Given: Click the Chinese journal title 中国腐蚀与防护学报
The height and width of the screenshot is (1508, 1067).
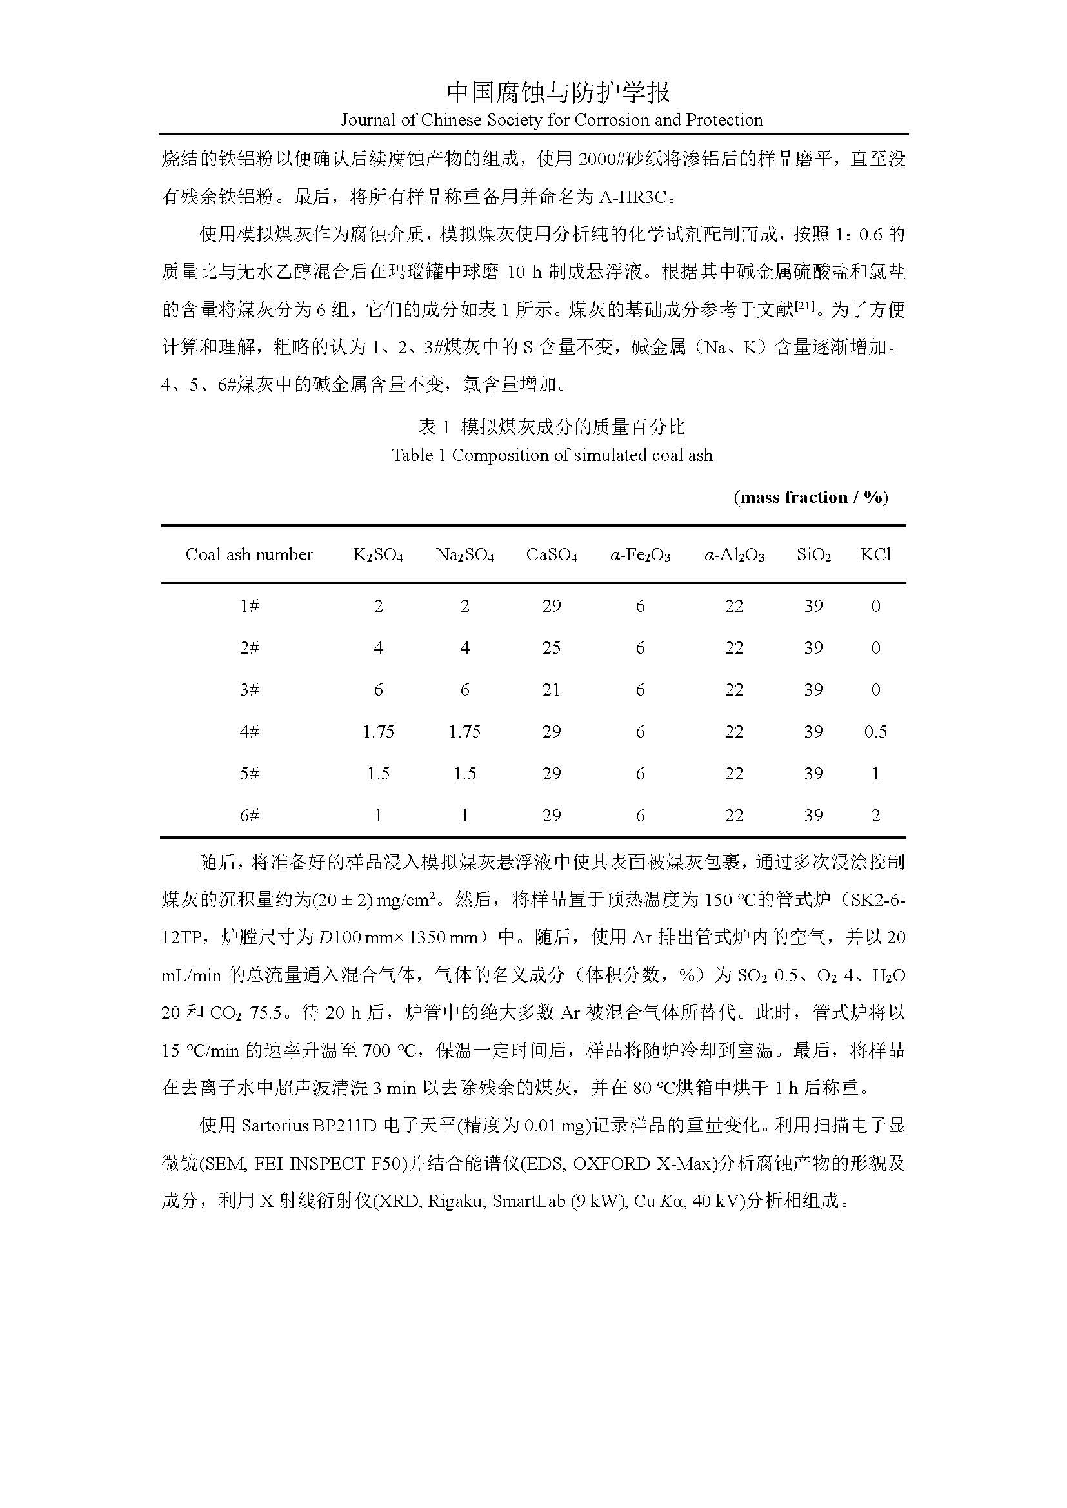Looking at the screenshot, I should point(559,93).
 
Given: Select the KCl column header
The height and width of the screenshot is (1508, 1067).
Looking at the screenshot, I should point(875,555).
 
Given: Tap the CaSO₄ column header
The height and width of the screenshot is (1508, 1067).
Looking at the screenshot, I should point(551,555).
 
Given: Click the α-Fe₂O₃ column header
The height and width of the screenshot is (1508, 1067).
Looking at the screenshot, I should point(640,555).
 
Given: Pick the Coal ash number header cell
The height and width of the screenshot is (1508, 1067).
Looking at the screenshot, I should point(249,554).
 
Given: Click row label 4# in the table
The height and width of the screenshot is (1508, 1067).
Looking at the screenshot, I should point(249,732).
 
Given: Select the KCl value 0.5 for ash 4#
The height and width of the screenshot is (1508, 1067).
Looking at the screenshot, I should point(875,732).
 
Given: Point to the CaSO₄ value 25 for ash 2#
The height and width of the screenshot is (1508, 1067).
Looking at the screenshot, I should point(551,648).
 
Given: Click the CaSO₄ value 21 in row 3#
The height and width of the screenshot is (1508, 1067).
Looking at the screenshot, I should point(551,690).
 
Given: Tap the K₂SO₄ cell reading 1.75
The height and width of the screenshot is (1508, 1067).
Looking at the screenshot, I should point(379,732).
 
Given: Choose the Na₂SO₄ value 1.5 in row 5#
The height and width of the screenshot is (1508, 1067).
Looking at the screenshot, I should point(464,774).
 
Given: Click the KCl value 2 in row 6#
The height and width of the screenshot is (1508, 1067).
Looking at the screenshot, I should point(875,816).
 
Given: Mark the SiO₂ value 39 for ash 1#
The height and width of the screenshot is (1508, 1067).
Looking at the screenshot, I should point(813,606).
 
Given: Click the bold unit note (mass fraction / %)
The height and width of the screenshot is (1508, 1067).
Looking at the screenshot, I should point(811,497).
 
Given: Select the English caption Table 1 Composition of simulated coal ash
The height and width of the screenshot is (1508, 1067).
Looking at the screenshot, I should point(552,455).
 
